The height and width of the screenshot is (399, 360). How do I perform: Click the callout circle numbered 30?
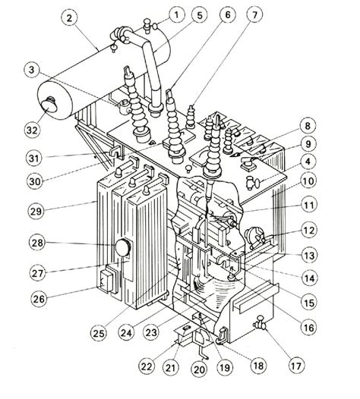coord(31,181)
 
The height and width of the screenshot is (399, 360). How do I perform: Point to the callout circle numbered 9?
coord(328,143)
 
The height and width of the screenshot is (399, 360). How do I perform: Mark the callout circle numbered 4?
coord(328,161)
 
